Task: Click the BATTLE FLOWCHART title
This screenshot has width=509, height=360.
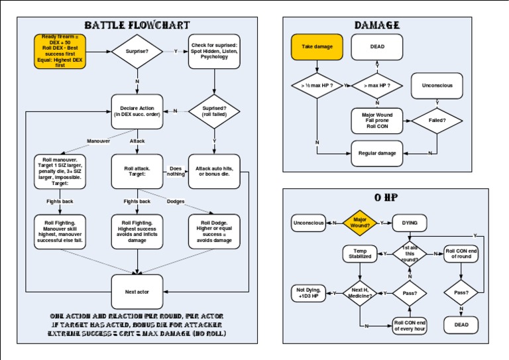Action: [137, 25]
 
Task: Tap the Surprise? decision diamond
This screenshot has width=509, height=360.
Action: [137, 52]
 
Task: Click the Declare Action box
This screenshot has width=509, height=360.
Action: [137, 111]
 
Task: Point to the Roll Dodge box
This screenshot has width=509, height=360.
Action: [214, 231]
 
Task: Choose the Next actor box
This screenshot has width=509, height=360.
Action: [137, 292]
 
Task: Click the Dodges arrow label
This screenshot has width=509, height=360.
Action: [176, 201]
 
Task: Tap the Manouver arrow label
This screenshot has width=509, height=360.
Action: [99, 141]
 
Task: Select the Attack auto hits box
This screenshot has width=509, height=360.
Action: [214, 171]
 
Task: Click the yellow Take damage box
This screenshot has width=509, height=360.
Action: [317, 47]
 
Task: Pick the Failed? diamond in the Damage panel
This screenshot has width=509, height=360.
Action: [437, 120]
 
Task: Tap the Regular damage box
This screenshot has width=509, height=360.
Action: [377, 153]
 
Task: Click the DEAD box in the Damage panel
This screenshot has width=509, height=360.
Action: [377, 47]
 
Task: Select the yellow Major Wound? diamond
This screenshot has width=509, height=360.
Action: [360, 223]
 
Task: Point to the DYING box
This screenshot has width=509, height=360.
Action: [410, 223]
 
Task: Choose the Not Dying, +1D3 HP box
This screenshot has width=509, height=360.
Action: [309, 293]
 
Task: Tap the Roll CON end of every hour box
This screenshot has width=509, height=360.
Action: [410, 325]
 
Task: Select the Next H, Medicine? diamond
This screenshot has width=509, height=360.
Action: [360, 293]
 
